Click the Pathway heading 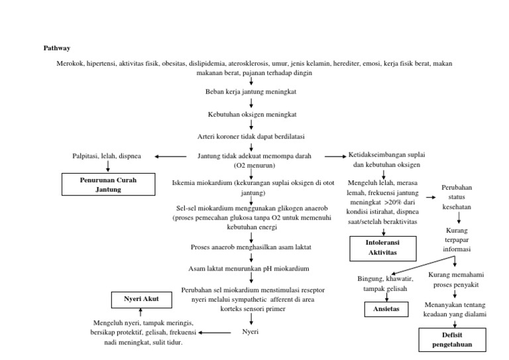[56, 48]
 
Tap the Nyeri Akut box [140, 300]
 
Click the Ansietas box [384, 309]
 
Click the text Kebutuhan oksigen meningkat [251, 114]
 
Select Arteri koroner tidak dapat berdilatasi [251, 136]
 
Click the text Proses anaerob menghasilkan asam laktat [251, 247]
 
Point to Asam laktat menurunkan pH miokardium [251, 269]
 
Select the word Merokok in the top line [71, 64]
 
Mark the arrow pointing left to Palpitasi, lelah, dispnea [170, 156]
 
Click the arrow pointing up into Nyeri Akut [141, 313]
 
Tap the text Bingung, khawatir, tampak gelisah [384, 284]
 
